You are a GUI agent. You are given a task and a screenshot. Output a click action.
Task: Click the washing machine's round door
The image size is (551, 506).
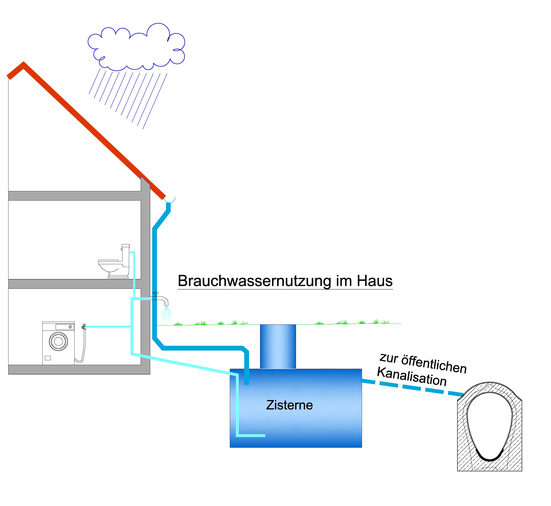[58, 341]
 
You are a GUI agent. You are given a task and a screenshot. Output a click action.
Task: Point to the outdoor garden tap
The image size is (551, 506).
[162, 299]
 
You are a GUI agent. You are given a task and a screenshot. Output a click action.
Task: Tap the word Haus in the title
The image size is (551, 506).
[374, 281]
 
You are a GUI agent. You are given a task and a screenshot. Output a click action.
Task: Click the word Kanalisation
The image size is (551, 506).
[412, 377]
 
